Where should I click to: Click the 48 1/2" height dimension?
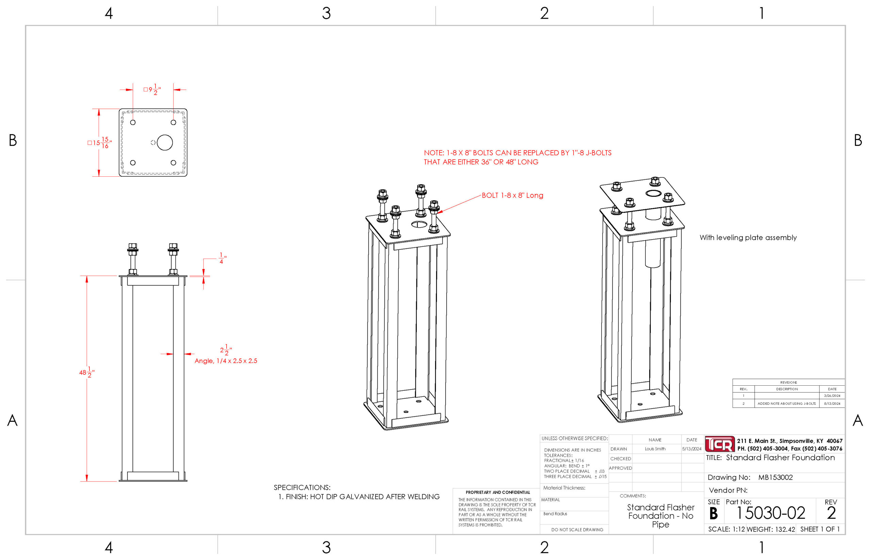[87, 372]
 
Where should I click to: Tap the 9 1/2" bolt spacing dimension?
[152, 89]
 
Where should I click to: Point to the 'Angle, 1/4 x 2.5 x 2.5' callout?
[226, 361]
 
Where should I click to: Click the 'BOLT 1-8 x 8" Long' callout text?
[512, 195]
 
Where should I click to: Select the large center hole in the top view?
[165, 142]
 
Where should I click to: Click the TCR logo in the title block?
[720, 444]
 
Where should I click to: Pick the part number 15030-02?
[771, 513]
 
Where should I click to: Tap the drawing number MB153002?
[775, 477]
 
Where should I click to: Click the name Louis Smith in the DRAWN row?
[655, 449]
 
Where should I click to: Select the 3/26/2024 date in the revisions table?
[832, 396]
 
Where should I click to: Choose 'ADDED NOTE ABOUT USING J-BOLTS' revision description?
[787, 404]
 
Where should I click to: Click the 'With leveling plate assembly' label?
[748, 238]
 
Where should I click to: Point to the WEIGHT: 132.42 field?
[771, 529]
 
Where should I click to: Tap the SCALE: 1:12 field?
[726, 529]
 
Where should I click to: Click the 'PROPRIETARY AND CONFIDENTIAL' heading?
[497, 492]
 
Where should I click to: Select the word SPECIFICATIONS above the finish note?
[302, 487]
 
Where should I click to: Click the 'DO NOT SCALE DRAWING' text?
[577, 530]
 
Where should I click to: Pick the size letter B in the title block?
[713, 513]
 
